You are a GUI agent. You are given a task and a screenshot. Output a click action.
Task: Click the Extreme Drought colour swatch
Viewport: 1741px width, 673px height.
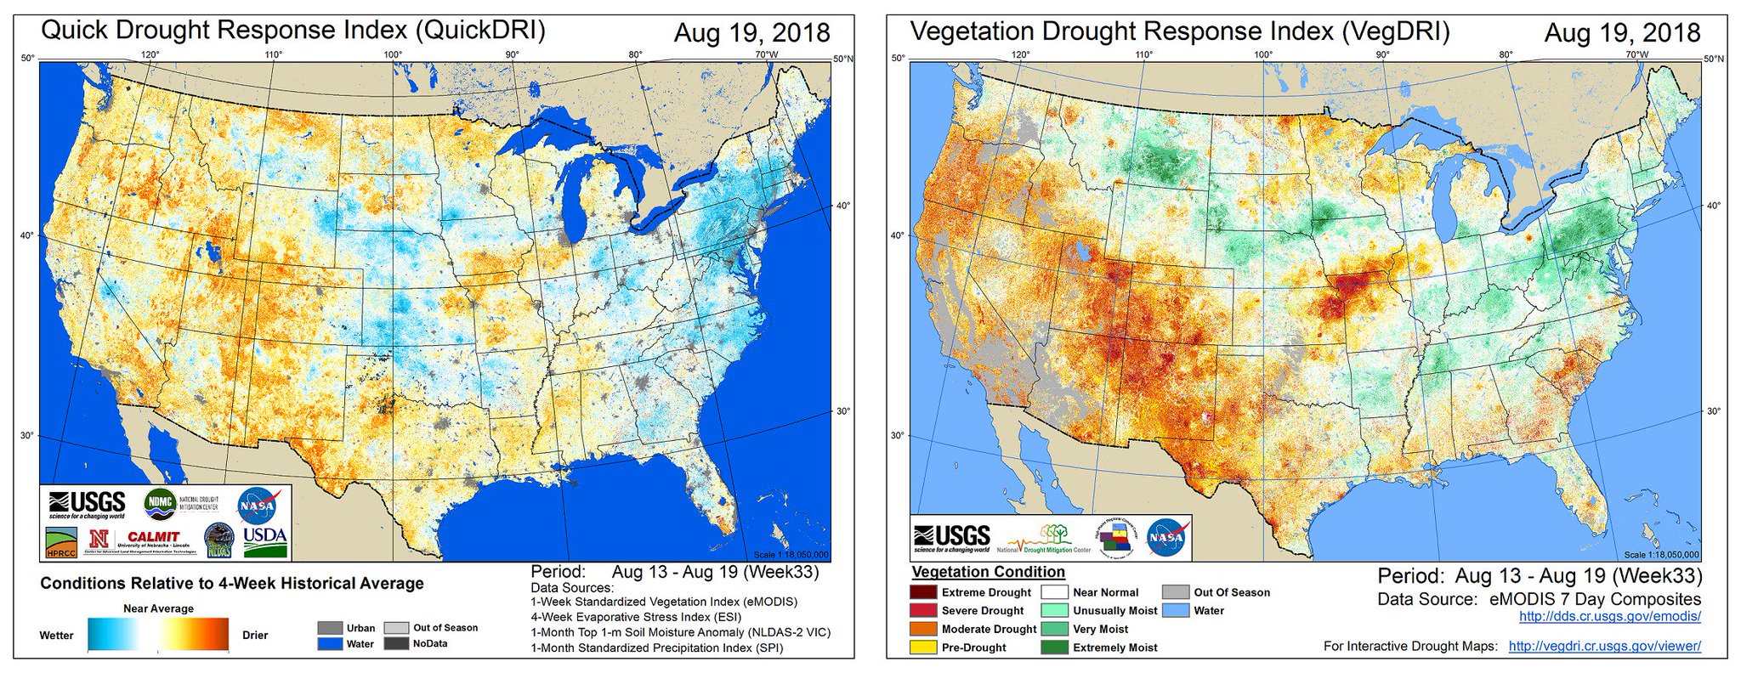[x=923, y=592]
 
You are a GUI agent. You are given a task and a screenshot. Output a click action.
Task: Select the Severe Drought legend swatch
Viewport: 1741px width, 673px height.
[x=923, y=610]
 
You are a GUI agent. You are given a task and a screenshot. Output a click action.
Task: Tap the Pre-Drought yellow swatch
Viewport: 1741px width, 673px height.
[x=923, y=648]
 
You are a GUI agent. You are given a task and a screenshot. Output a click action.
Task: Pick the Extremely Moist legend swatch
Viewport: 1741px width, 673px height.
[x=1055, y=648]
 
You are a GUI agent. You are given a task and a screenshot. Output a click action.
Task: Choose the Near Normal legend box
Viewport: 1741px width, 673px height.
[x=1055, y=592]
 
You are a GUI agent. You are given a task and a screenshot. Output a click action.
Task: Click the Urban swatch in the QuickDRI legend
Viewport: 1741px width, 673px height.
[x=330, y=628]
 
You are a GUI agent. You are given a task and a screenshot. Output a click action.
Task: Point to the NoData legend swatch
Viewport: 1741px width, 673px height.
[x=396, y=643]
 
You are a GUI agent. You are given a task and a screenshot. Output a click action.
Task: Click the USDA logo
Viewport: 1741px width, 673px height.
[x=265, y=541]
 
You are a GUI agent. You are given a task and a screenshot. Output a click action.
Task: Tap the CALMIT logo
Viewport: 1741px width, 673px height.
[x=153, y=539]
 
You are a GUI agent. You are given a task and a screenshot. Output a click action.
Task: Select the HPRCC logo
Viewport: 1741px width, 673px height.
[x=61, y=542]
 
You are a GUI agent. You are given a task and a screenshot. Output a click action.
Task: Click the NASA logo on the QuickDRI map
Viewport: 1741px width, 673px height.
[x=256, y=505]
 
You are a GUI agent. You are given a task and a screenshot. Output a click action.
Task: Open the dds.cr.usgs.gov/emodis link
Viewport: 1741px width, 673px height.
[x=1609, y=617]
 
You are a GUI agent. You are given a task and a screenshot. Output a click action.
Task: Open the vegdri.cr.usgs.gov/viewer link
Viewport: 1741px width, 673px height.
[x=1604, y=647]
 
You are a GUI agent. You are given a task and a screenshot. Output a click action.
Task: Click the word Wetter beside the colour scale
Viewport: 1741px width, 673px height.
[x=56, y=636]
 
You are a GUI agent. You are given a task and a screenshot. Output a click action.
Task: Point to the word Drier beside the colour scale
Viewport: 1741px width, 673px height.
[x=255, y=636]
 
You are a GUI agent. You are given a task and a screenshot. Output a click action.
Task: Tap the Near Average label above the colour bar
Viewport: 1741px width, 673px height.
[x=158, y=608]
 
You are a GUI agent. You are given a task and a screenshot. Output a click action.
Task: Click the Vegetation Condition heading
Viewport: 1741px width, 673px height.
[x=988, y=572]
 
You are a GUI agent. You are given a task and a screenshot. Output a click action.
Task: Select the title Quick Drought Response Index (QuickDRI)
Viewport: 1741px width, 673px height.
[x=293, y=31]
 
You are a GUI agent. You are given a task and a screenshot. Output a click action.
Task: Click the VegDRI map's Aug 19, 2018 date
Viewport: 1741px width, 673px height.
[x=1622, y=33]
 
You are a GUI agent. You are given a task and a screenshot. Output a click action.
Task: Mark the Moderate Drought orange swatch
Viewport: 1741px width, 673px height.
[x=923, y=629]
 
